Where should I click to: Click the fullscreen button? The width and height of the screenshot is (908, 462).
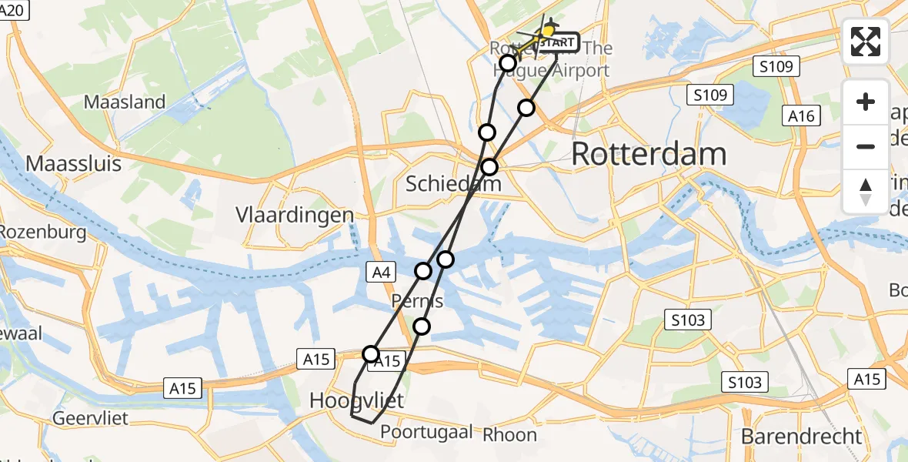[x=866, y=42]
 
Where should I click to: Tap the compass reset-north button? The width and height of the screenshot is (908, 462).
[x=866, y=192]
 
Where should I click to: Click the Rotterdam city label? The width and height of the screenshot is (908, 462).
[x=649, y=155]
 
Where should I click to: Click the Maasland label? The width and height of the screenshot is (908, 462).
[x=125, y=102]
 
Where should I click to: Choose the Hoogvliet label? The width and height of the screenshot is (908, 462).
[x=356, y=400]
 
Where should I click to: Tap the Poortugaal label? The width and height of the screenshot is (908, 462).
[x=426, y=433]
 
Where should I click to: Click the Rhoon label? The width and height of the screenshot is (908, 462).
[x=509, y=435]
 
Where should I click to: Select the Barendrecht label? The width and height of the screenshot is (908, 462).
[x=802, y=437]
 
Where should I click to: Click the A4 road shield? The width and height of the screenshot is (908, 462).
[x=382, y=271]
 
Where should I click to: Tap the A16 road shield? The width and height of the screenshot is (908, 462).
[x=803, y=116]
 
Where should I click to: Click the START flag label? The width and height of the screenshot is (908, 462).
[x=556, y=42]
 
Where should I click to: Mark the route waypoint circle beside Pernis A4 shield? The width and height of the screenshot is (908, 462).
[x=423, y=270]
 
